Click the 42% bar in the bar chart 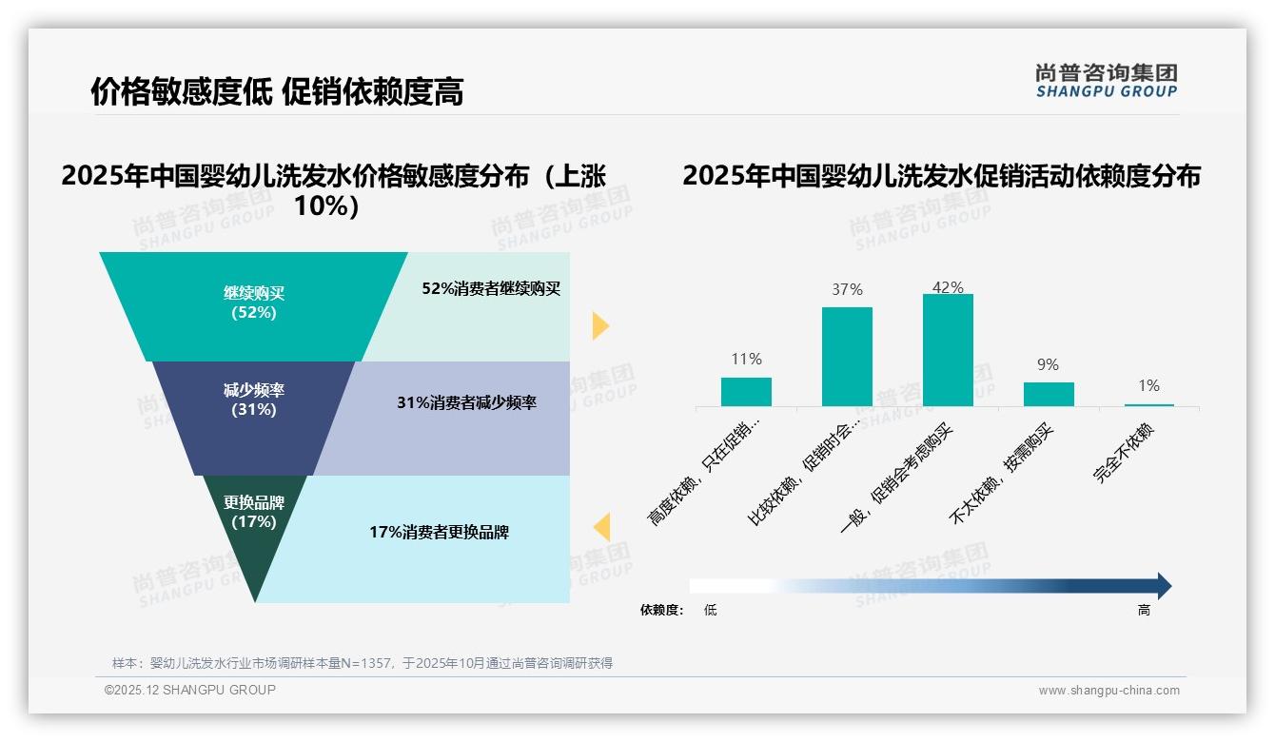pos(948,349)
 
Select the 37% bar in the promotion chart pos(847,356)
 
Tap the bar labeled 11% pos(746,391)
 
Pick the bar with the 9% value pos(1049,394)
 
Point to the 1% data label pos(1148,385)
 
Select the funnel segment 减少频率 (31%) pos(253,400)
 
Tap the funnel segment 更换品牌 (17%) pos(254,514)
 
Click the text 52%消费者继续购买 pos(491,288)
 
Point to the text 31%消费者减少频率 pos(466,402)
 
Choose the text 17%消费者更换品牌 pos(439,532)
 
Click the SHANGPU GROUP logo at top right pos(1106,81)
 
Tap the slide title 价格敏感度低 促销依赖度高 pos(277,91)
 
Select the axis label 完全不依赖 pos(1124,453)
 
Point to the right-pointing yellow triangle pos(599,325)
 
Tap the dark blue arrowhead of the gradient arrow pos(1163,586)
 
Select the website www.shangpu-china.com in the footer pos(1108,691)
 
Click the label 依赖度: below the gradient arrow pos(661,611)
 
